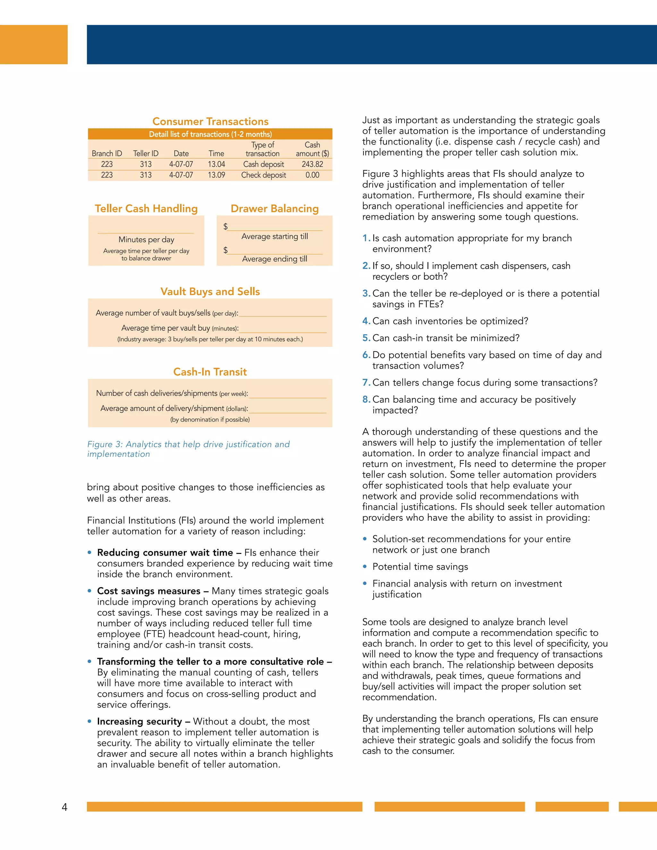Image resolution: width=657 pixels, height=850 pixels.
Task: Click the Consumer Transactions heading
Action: (210, 122)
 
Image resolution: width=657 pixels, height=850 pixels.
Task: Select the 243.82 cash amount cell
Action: (312, 164)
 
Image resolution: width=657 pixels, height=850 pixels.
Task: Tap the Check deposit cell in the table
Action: (263, 175)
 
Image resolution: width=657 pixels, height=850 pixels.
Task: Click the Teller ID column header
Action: (146, 154)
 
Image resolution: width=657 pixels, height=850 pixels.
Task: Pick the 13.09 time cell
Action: (217, 175)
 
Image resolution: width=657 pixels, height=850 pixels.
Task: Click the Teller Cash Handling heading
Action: (146, 208)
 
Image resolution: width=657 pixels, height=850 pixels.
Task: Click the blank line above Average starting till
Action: (275, 227)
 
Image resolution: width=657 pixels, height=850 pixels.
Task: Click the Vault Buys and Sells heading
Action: (210, 292)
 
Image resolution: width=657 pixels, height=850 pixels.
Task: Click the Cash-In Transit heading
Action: (210, 372)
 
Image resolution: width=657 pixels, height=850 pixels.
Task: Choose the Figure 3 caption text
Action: (188, 449)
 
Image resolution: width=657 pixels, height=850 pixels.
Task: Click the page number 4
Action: (64, 807)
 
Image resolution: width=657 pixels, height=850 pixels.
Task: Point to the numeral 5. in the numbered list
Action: (366, 338)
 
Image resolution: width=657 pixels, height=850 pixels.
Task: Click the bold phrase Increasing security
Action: (139, 721)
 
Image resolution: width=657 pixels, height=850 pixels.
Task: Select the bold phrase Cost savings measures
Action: (149, 591)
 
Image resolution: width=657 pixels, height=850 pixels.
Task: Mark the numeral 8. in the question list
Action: (366, 399)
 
